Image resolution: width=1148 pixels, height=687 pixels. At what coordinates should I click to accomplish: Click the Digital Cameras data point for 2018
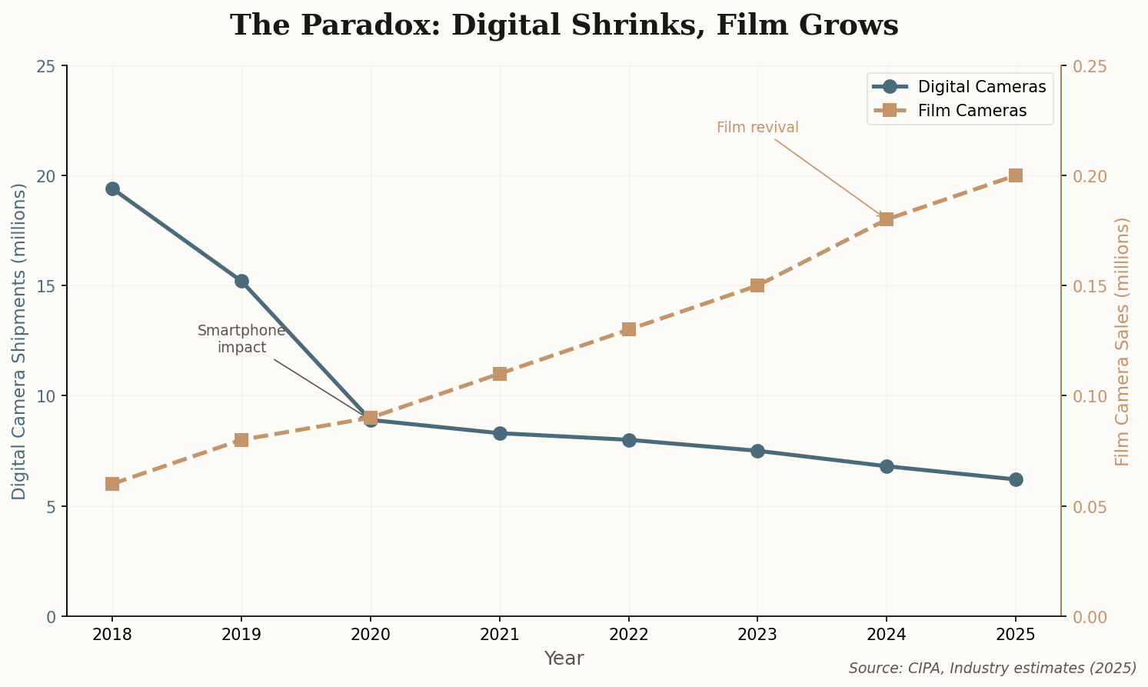point(112,188)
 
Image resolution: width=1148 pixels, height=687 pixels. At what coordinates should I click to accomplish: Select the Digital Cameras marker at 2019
point(241,281)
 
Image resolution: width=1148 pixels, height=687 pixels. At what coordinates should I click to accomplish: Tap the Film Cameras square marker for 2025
point(1015,175)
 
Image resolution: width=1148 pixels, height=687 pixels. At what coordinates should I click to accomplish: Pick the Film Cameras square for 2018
point(112,484)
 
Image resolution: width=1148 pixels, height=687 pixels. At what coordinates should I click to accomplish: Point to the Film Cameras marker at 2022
point(628,329)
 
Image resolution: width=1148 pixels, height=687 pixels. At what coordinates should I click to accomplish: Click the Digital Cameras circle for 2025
point(1015,479)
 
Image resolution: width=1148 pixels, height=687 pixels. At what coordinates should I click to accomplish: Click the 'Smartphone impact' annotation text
point(241,339)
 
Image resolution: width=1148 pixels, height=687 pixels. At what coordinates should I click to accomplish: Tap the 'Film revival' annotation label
point(757,128)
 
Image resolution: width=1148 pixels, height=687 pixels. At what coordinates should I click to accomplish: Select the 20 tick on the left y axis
point(48,176)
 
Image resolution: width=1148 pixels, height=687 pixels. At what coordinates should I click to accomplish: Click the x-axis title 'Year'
point(564,659)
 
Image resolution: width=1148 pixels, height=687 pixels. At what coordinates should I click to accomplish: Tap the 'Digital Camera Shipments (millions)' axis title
point(19,341)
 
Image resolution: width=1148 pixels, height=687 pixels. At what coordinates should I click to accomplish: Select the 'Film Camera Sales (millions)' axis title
point(1123,341)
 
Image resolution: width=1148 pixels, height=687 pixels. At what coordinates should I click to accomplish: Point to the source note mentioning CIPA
point(992,668)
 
